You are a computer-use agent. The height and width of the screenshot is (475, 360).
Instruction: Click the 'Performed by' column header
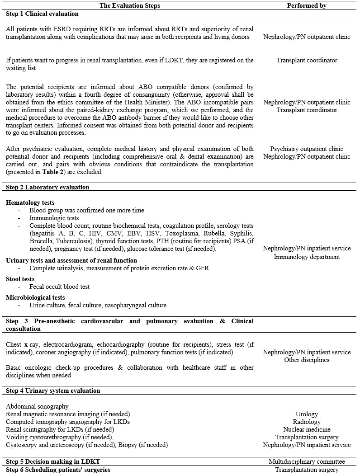[x=307, y=6]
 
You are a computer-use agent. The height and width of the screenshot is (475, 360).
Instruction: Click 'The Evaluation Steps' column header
[x=130, y=6]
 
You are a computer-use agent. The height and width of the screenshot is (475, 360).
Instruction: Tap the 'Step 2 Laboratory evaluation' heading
[x=47, y=187]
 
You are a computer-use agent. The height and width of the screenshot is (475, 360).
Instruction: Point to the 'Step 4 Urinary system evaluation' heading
[x=53, y=390]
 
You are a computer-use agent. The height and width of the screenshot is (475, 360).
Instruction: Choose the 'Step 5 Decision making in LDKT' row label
[x=52, y=462]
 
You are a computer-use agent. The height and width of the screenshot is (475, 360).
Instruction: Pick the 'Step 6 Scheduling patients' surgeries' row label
[x=58, y=470]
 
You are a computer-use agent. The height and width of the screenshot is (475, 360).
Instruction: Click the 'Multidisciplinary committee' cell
[x=307, y=462]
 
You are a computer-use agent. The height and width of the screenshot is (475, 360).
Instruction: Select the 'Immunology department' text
[x=307, y=257]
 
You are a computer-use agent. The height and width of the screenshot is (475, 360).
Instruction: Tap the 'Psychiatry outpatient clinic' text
[x=307, y=149]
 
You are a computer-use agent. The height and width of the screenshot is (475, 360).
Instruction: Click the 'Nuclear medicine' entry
[x=307, y=429]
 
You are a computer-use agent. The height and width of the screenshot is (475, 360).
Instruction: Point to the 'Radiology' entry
[x=307, y=422]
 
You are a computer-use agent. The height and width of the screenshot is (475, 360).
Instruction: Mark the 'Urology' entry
[x=307, y=414]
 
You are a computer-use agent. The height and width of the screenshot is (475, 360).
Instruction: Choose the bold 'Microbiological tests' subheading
[x=35, y=297]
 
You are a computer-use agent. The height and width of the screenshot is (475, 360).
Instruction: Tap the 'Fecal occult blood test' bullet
[x=60, y=287]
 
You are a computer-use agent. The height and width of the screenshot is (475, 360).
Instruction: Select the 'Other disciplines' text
[x=307, y=360]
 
